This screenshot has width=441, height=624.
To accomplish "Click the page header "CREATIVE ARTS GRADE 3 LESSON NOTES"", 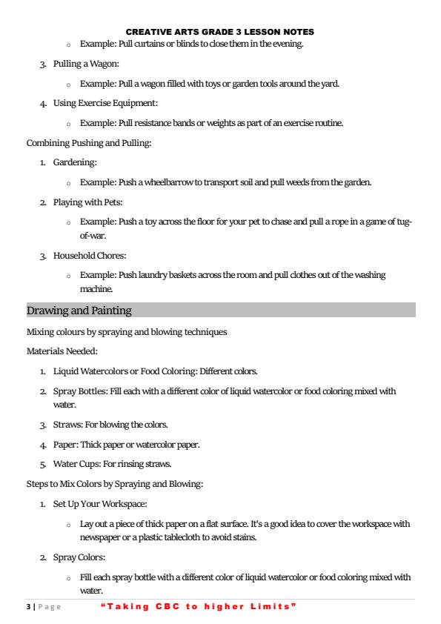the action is click(x=220, y=32).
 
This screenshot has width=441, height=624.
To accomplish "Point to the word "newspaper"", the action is click(x=101, y=538).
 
